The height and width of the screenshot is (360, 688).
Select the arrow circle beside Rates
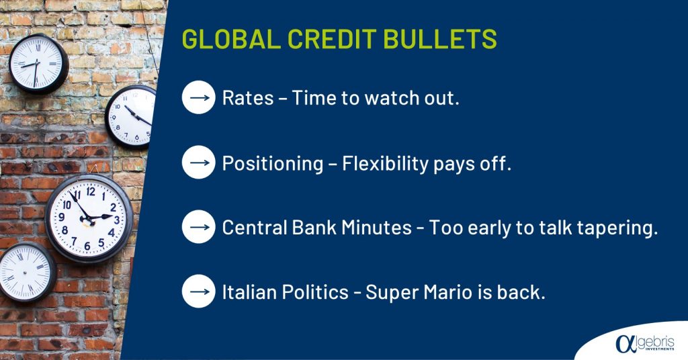point(199,97)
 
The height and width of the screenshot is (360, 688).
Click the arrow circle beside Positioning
point(199,163)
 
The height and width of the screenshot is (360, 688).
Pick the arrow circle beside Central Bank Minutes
point(199,227)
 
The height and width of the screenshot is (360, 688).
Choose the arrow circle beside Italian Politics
point(199,291)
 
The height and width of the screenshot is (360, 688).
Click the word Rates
point(247,98)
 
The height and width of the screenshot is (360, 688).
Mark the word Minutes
point(376,228)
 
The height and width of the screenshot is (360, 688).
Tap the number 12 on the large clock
point(91,191)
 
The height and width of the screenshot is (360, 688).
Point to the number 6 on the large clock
point(87,246)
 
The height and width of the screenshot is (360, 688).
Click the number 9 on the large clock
point(61,217)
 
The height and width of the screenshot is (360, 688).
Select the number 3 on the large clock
point(117,220)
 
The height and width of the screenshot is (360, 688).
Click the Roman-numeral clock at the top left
point(38,64)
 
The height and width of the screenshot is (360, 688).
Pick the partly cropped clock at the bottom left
point(27,272)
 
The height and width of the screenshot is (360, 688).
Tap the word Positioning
point(273,163)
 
